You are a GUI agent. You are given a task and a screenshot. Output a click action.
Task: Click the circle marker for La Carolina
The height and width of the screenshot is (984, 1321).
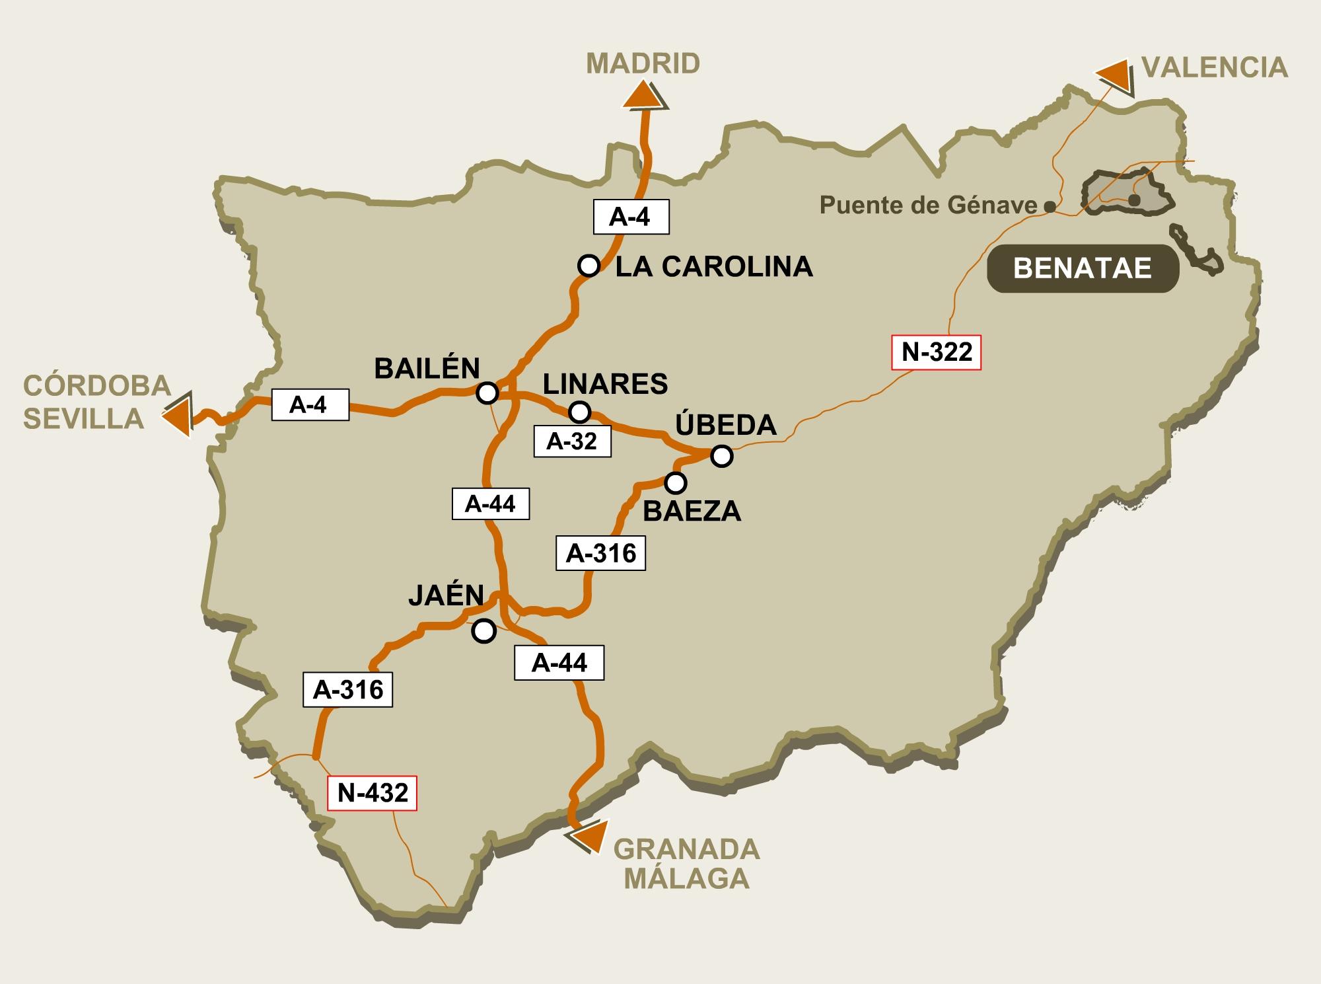[x=589, y=266]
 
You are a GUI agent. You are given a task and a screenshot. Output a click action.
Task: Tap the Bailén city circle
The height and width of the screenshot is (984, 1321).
[x=487, y=393]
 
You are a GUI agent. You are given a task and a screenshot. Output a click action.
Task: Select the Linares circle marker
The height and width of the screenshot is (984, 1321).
[x=579, y=412]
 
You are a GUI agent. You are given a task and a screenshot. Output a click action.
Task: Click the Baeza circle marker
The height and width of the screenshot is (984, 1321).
[x=675, y=483]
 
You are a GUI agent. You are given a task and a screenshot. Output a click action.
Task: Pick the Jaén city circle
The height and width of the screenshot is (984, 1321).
[x=484, y=631]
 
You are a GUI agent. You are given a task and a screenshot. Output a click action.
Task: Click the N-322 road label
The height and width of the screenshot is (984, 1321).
[x=937, y=352]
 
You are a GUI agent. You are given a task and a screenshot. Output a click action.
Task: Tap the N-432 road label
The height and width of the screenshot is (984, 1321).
[x=373, y=792]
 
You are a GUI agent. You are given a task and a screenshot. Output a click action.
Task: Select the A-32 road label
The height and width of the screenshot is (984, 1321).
[x=571, y=441]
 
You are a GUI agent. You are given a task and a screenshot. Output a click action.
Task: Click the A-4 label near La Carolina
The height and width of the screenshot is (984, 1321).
[x=631, y=216]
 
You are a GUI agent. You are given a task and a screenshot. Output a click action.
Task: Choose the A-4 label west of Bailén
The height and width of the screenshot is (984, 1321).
[x=309, y=404]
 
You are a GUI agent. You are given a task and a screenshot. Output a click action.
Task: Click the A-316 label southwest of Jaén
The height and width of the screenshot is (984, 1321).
[x=347, y=690]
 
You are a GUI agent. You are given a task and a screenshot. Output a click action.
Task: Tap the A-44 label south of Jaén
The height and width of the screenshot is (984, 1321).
[x=559, y=663]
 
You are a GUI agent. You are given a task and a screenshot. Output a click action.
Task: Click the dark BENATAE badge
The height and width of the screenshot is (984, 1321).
[x=1083, y=268]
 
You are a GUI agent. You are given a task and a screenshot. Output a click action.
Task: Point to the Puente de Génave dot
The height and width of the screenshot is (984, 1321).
[x=1050, y=207]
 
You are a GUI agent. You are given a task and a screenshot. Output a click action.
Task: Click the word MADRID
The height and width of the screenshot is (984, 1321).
[x=643, y=64]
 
